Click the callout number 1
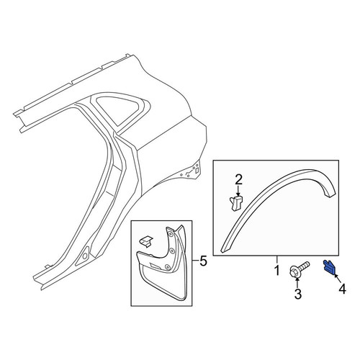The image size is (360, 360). point(277,270)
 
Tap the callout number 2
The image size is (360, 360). point(238,180)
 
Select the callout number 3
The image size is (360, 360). point(297,294)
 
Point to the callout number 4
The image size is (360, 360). point(342,289)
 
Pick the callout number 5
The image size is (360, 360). point(203,261)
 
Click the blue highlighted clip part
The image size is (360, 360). point(329,268)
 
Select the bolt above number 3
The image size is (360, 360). point(300,270)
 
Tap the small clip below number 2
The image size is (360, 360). point(236,203)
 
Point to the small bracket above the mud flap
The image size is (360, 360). point(146,241)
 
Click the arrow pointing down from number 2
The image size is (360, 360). point(238,191)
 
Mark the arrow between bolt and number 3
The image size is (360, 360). point(297,284)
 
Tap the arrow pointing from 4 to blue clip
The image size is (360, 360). point(337,279)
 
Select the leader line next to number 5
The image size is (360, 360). point(195,261)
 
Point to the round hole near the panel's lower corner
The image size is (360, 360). point(85,256)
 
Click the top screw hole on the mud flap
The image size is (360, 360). point(170,234)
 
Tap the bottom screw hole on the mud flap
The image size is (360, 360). point(167,266)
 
